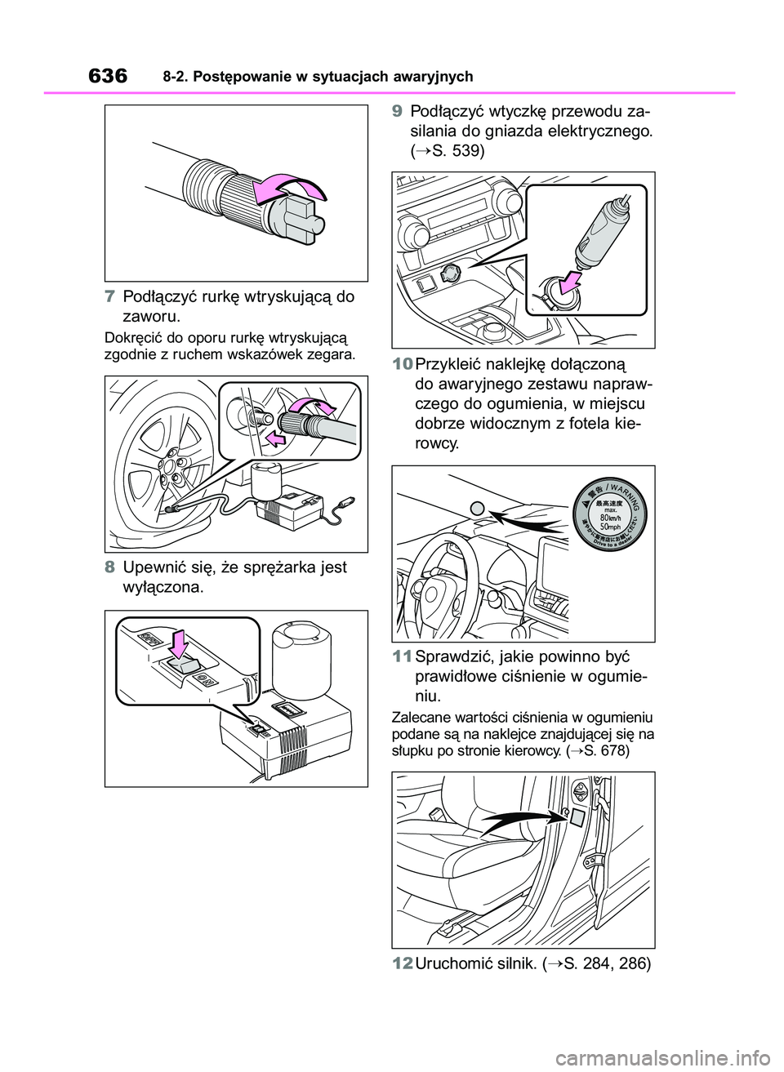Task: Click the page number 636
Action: (105, 77)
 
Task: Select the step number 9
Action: (396, 112)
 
